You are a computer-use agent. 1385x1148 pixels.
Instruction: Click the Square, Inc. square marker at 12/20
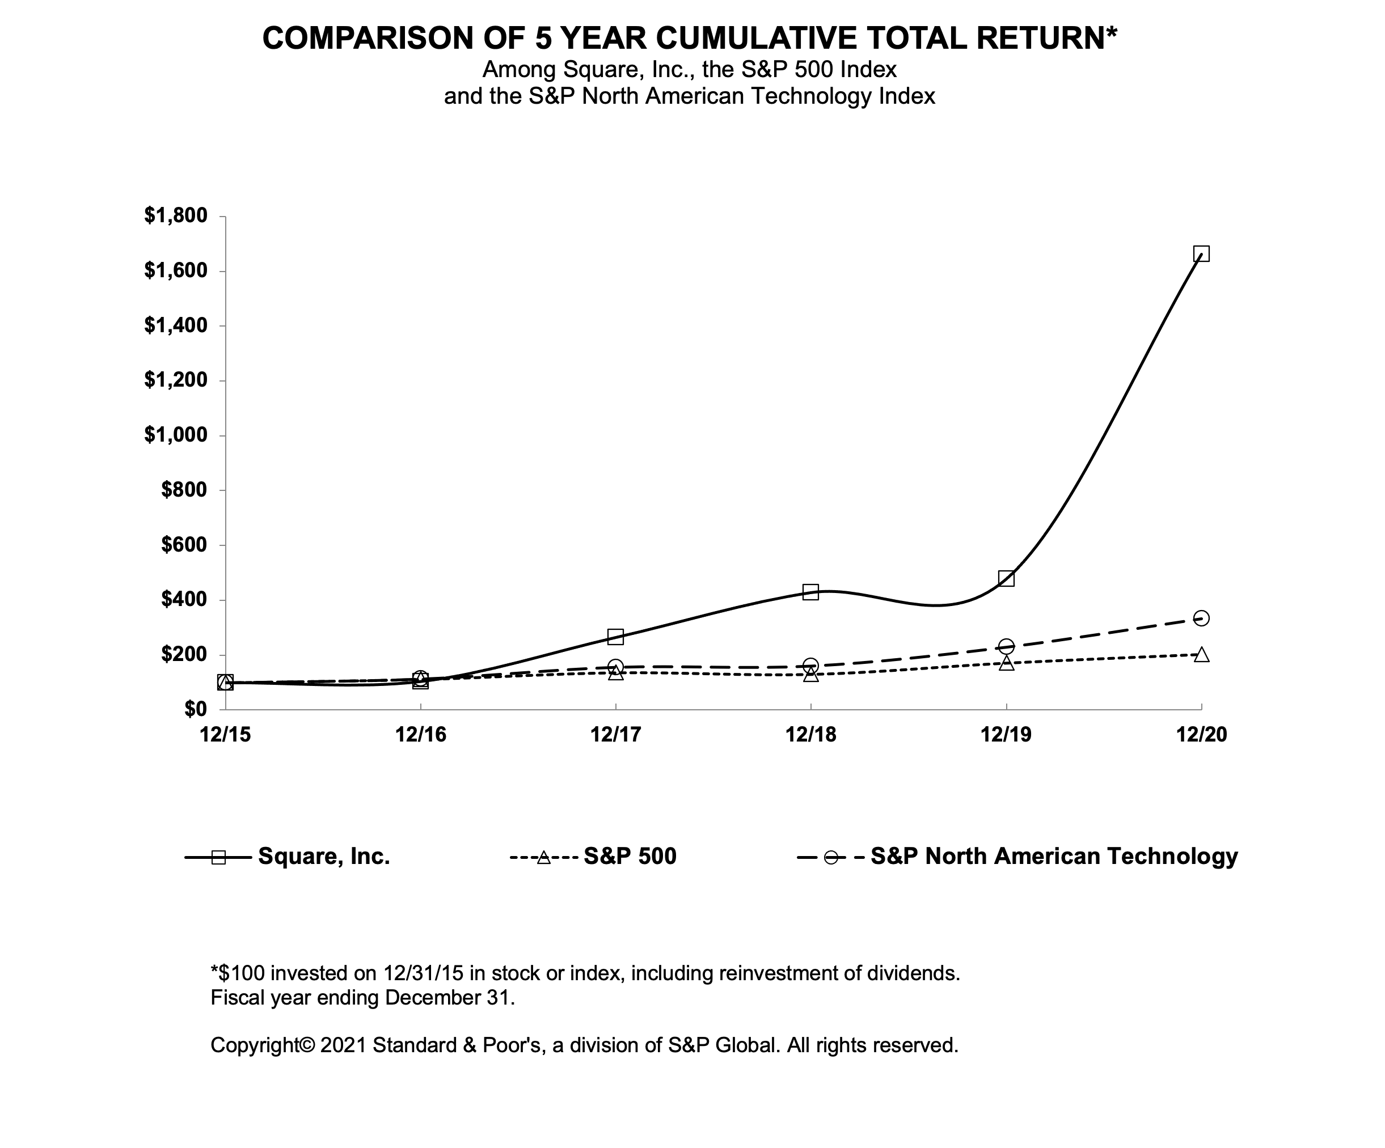click(1201, 254)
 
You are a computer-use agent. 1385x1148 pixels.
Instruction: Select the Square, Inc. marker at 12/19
click(1006, 579)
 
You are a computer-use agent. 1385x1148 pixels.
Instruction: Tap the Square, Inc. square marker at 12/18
click(810, 591)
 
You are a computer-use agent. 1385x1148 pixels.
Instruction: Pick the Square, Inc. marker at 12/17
click(615, 636)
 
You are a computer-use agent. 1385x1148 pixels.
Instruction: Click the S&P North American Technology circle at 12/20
click(1201, 618)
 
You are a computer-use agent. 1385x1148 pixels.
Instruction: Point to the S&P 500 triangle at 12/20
click(1201, 655)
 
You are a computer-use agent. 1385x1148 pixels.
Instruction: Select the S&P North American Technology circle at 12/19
click(1006, 646)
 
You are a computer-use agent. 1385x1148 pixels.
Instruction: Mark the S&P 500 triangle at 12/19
click(1006, 663)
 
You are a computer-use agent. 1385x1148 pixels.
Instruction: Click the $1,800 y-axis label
click(175, 215)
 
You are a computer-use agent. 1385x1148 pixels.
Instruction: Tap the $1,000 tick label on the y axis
click(175, 435)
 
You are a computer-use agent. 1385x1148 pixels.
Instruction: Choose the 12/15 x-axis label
click(226, 735)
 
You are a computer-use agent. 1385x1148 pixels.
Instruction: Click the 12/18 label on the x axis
click(810, 735)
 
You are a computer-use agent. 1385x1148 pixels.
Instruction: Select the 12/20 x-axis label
click(1201, 735)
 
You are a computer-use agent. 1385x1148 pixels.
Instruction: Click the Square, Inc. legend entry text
click(324, 856)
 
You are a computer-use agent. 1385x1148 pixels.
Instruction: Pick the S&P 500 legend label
click(630, 856)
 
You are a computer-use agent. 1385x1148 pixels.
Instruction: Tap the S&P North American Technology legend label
click(1054, 856)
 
